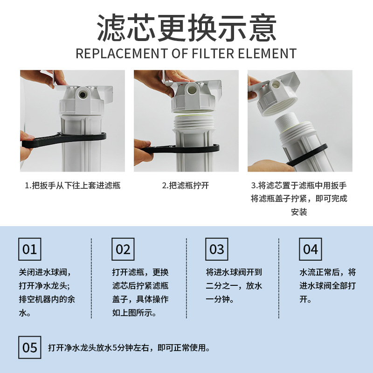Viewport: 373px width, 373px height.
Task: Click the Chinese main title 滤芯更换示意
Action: (x=186, y=28)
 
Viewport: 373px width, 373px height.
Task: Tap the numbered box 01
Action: (x=30, y=249)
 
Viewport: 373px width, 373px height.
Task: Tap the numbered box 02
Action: (x=123, y=249)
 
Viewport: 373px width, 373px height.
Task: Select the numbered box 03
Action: (x=217, y=249)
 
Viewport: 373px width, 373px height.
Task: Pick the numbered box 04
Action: (x=310, y=249)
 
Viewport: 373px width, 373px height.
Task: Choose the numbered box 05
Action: (x=30, y=348)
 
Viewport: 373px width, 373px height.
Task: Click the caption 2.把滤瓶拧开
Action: (x=186, y=185)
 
